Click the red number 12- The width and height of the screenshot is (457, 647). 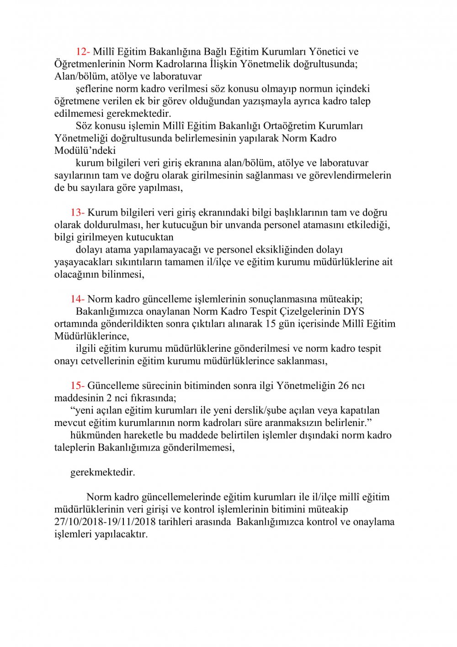83,52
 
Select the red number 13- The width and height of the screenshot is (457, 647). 77,212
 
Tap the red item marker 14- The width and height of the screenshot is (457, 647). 77,299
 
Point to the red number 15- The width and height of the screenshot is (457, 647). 77,386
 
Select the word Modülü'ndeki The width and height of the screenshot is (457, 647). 85,151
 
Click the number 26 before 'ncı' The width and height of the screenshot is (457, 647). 344,386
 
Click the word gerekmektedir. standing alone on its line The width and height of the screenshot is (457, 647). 103,472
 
